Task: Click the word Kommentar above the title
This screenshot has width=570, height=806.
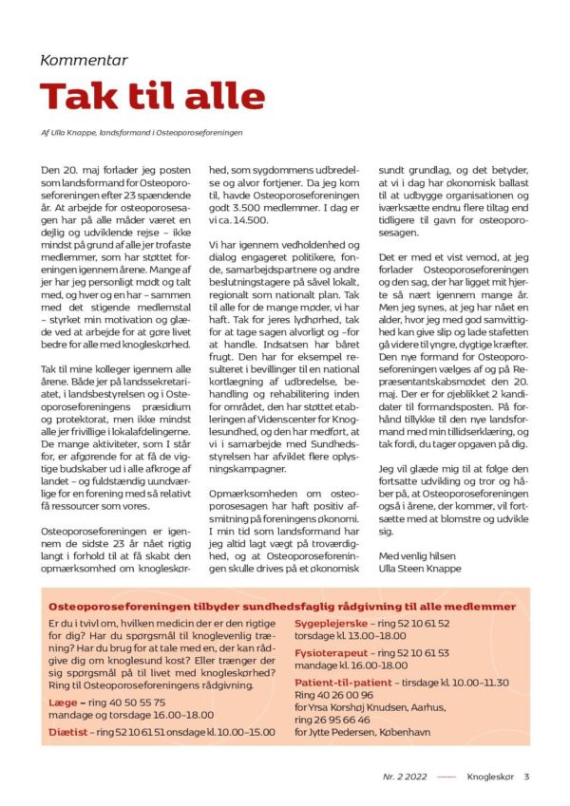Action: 84,60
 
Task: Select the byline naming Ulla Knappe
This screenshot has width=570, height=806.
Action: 142,132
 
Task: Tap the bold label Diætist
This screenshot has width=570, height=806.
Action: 69,732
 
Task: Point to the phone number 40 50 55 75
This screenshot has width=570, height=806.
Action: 132,703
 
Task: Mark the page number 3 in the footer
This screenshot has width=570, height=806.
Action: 527,776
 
